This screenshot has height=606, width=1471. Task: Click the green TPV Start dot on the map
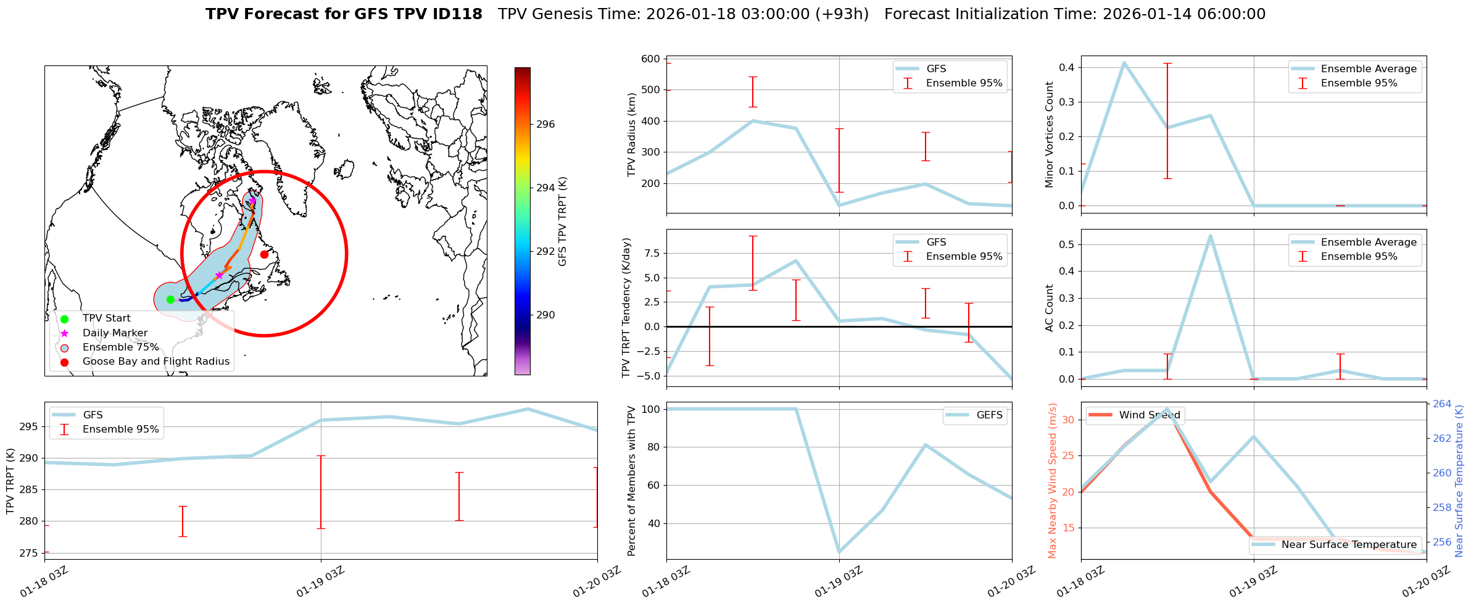point(170,299)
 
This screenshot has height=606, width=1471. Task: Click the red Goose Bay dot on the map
point(264,254)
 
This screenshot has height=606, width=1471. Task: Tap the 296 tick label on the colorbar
point(545,124)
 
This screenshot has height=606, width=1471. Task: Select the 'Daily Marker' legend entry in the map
point(115,333)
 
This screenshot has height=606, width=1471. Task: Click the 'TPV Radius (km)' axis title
point(631,135)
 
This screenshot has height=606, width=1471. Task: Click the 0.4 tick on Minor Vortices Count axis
point(1066,67)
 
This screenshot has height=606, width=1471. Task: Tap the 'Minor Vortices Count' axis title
point(1050,135)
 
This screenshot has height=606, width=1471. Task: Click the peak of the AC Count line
point(1211,235)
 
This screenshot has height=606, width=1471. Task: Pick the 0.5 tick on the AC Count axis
point(1066,244)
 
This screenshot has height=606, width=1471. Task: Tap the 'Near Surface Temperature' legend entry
point(1349,544)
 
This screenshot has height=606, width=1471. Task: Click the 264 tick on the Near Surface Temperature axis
point(1442,404)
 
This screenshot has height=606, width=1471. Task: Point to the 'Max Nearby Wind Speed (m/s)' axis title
point(1053,481)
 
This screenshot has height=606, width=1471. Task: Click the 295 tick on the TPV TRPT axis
point(30,426)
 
